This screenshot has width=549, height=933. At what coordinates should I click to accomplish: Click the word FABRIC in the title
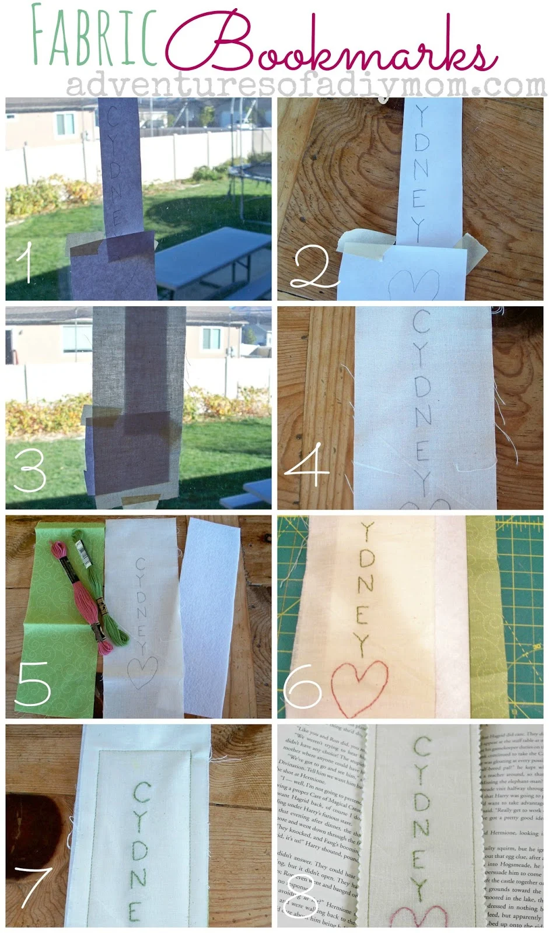[x=93, y=36]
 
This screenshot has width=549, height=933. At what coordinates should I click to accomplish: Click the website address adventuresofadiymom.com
[x=306, y=85]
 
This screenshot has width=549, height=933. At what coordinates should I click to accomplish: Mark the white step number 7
[x=33, y=886]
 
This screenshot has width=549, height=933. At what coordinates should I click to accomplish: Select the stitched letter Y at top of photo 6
[x=367, y=532]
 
